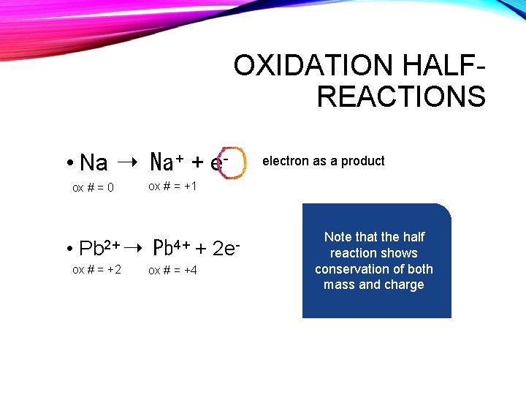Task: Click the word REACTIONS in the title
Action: (x=401, y=97)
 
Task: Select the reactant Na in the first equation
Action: (x=94, y=162)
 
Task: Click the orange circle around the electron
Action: (x=235, y=162)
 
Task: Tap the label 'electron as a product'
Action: (x=323, y=161)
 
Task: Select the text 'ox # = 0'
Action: (x=93, y=188)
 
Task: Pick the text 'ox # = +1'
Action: (x=172, y=187)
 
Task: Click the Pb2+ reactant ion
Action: (x=100, y=248)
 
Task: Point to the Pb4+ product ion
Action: (x=172, y=247)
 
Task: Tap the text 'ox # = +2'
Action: (x=96, y=271)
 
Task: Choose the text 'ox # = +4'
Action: (x=172, y=271)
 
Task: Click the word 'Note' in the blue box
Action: (x=338, y=237)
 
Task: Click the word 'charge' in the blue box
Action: (x=405, y=285)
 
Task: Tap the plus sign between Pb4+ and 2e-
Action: (x=201, y=249)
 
